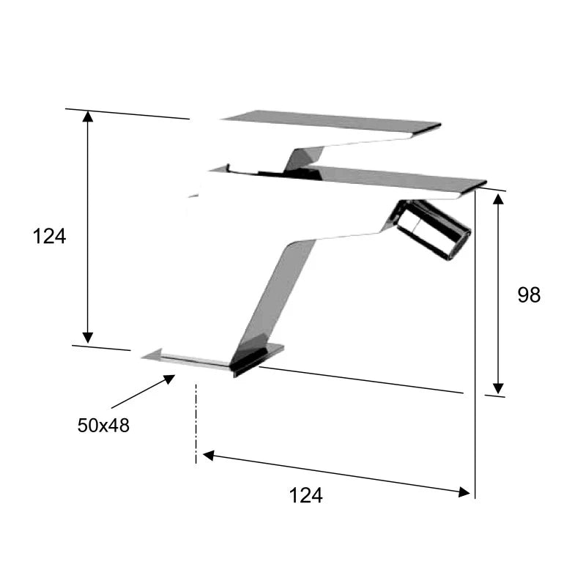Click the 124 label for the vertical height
49,236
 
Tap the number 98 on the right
529,295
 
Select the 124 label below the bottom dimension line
305,496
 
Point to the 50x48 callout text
103,426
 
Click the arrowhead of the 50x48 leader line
170,379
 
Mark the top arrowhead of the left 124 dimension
87,116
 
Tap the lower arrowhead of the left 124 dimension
87,338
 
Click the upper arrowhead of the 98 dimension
498,199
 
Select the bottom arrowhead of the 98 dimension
498,388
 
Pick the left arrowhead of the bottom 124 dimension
208,456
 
